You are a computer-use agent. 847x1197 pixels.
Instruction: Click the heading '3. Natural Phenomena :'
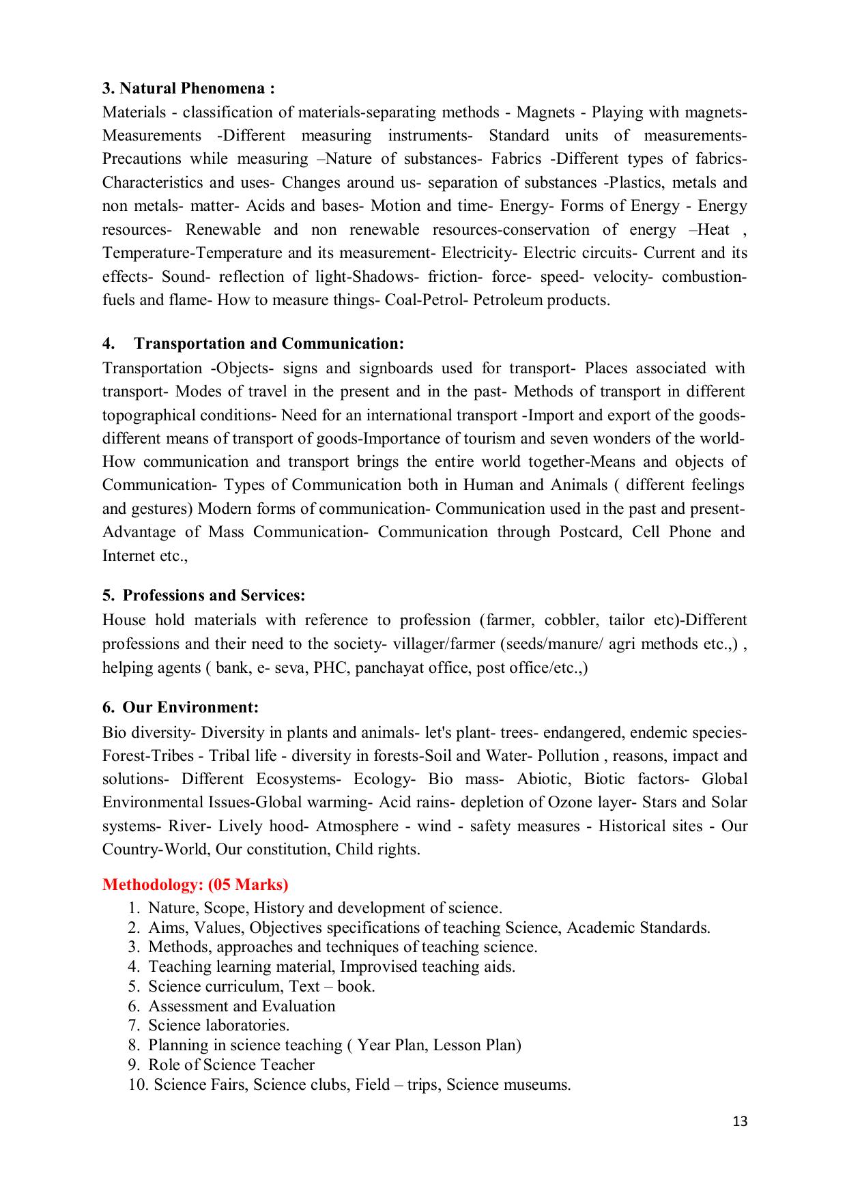tap(188, 89)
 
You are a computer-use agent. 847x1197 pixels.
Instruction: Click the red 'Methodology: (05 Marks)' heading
tap(195, 884)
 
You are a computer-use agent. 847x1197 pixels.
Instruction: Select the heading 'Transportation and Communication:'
tap(269, 343)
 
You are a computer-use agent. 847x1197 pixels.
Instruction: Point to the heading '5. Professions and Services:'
tap(203, 595)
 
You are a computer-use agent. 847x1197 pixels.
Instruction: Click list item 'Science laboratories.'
tap(218, 1025)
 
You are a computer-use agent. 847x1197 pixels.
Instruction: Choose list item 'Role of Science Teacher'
tap(231, 1065)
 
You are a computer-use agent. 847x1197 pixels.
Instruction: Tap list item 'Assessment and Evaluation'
tap(242, 1006)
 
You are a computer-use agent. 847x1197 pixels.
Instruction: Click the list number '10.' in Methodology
tap(138, 1084)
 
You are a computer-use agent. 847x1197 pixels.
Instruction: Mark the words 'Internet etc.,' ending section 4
tap(145, 556)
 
